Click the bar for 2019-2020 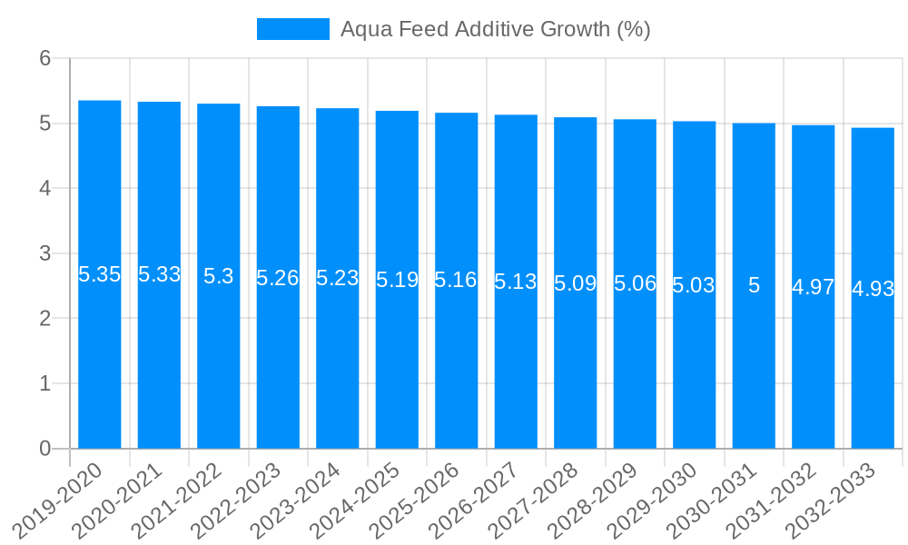coord(100,363)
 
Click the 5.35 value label coord(100,274)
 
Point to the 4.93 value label coord(873,289)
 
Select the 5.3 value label coord(219,276)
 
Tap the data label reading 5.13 coord(516,282)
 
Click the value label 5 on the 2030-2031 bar coord(754,285)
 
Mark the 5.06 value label coord(635,283)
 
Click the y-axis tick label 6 coord(44,58)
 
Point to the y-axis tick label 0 coord(44,449)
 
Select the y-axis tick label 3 coord(44,253)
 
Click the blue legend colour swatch coord(292,29)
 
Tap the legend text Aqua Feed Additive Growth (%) coord(495,29)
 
